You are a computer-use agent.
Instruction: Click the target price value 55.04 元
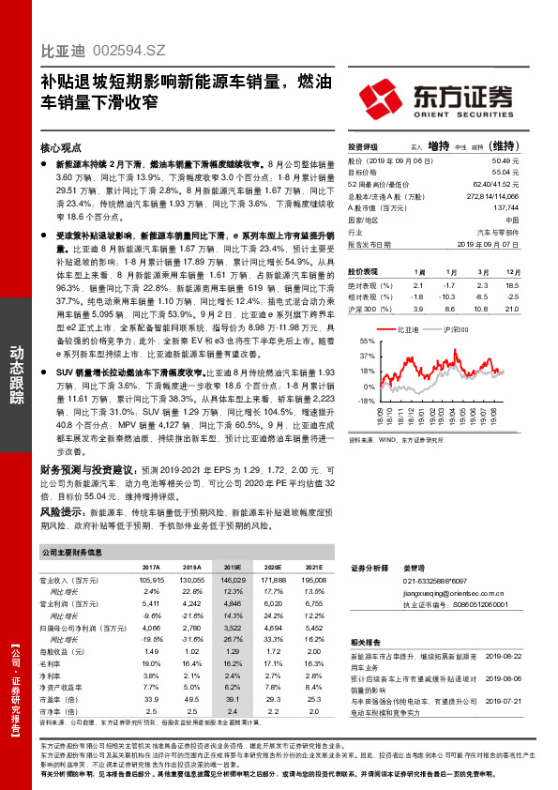point(505,173)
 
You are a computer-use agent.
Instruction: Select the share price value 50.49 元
point(505,161)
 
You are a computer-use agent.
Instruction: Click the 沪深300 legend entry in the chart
point(453,331)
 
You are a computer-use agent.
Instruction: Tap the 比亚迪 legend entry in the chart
point(410,331)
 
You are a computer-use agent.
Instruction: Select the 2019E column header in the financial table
point(232,568)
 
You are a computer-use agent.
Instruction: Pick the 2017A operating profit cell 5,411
point(150,604)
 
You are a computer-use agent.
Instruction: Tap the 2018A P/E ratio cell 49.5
point(191,698)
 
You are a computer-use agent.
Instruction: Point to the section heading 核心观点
point(62,147)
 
